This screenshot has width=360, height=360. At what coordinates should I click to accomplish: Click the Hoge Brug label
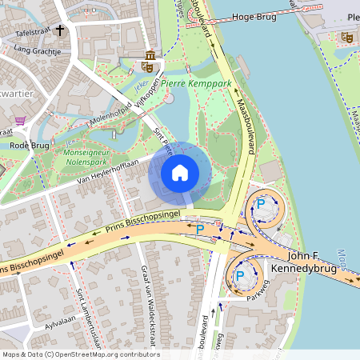(x=253, y=16)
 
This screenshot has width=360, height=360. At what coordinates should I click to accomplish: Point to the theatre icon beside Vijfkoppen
(x=150, y=58)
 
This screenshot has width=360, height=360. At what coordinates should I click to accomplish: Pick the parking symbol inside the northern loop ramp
(x=260, y=205)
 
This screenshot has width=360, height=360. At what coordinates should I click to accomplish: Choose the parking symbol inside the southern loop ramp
(x=239, y=277)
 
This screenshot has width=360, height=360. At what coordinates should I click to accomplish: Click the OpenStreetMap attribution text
(x=81, y=354)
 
